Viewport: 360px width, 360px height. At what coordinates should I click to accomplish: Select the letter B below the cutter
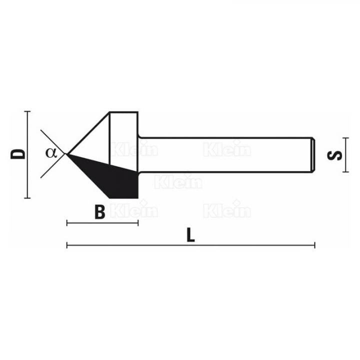[100, 212]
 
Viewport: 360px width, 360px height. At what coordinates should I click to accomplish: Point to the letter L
[190, 235]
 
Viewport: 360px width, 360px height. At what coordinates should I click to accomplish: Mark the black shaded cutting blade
[112, 175]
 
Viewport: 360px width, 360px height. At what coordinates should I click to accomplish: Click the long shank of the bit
[225, 154]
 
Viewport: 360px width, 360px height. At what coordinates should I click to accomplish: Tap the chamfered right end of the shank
[312, 154]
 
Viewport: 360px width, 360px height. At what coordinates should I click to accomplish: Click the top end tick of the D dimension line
[27, 111]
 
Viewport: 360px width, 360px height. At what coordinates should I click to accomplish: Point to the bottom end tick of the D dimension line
[27, 197]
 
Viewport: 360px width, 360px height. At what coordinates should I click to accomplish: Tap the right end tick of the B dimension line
[138, 222]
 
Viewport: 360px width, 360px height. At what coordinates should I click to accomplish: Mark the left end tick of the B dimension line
[67, 222]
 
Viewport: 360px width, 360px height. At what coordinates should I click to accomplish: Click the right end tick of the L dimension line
[314, 245]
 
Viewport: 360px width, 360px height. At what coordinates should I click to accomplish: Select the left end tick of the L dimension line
[67, 245]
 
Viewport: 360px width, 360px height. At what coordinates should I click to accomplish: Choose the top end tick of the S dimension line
[344, 137]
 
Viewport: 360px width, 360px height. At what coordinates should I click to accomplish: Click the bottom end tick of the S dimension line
[344, 171]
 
